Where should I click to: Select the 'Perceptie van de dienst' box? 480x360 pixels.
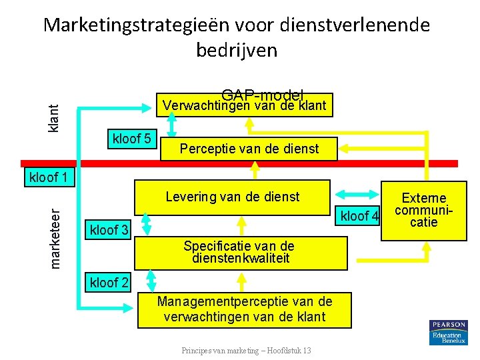tap(249, 149)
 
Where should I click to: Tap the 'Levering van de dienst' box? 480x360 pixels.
tap(232, 197)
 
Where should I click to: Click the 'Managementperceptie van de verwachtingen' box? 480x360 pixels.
tap(244, 309)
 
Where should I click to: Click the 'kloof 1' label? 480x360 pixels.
tap(49, 178)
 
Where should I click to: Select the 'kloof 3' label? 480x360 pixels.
tap(109, 230)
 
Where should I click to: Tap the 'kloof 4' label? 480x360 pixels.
tap(360, 216)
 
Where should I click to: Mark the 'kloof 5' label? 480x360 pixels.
tap(133, 139)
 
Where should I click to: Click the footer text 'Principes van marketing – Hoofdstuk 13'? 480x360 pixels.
tap(245, 351)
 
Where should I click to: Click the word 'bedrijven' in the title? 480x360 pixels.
tap(237, 50)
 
